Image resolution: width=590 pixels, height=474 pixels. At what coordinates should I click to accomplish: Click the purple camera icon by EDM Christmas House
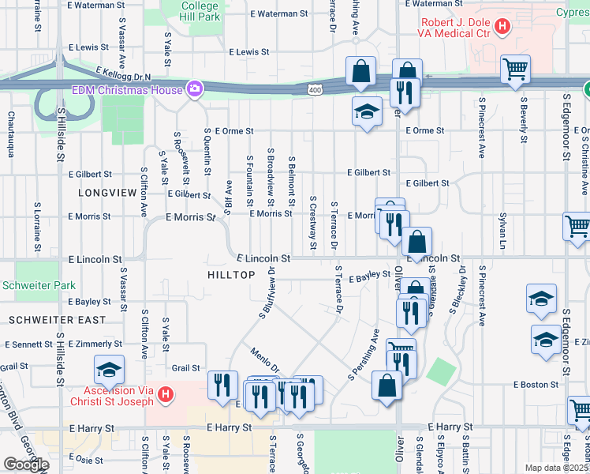[x=193, y=88]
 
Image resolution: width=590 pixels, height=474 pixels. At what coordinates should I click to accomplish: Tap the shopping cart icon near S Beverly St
[x=515, y=70]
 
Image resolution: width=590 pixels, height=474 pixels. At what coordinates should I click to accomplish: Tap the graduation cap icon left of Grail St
[x=108, y=368]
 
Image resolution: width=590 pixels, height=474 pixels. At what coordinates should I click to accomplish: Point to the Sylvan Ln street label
[x=502, y=228]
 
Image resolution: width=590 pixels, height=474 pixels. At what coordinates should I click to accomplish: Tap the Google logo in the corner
[x=26, y=465]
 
